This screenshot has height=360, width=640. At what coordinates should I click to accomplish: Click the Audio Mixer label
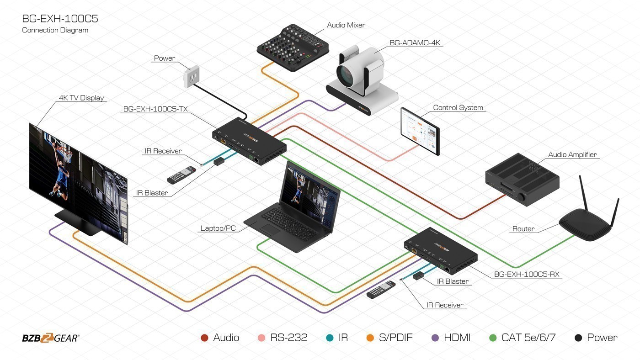tap(346, 25)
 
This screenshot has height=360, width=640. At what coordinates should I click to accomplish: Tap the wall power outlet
tap(192, 76)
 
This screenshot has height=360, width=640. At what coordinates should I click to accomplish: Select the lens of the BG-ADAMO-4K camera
tap(347, 74)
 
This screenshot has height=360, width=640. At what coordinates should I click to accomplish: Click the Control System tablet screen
tap(420, 131)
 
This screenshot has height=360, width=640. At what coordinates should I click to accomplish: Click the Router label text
tap(523, 229)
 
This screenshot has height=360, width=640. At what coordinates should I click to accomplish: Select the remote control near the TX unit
tap(181, 175)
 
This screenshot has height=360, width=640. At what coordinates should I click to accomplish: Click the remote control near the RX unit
tap(381, 290)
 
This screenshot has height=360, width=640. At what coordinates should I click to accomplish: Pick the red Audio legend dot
tap(204, 338)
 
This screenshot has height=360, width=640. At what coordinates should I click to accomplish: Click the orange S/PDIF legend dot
tap(370, 338)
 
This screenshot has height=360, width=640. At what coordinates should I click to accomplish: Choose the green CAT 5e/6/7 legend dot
tap(493, 338)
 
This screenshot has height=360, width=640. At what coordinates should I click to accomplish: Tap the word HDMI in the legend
tap(457, 338)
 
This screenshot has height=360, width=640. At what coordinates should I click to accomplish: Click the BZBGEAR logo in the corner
tap(51, 338)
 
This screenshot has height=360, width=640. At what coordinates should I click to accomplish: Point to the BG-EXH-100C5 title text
tap(60, 19)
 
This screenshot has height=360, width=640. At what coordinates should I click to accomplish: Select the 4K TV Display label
tap(81, 98)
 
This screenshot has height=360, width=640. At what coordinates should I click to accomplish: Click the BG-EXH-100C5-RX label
tap(527, 275)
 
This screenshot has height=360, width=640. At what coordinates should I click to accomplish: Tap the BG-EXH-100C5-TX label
tap(155, 109)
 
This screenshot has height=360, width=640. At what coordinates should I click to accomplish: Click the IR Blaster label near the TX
tap(152, 193)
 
